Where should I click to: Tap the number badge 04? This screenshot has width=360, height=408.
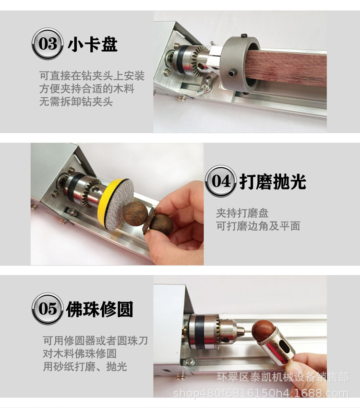[220, 182]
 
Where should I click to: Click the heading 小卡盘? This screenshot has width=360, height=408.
[93, 45]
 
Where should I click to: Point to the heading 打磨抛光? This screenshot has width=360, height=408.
[272, 182]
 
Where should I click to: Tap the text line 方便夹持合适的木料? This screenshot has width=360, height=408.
[86, 89]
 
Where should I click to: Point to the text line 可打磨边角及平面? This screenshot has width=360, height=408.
[258, 226]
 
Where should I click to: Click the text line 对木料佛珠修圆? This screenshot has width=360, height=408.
[80, 354]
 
